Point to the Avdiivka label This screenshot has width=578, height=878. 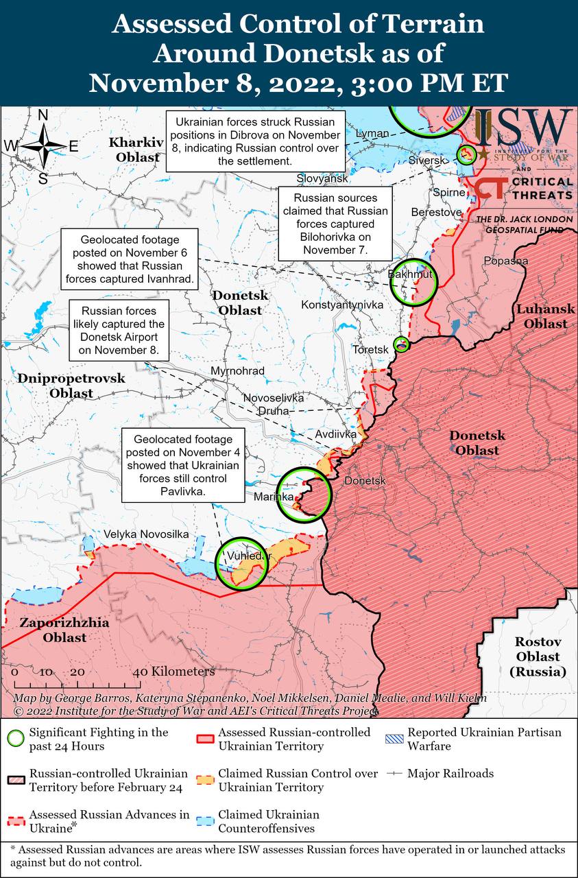pos(336,434)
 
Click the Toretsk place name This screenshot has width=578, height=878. pos(370,349)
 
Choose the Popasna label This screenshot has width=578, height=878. pos(505,261)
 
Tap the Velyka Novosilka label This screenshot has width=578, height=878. pos(146,534)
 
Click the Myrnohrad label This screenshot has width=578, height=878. pos(238,371)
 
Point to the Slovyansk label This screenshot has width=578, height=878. pos(322,178)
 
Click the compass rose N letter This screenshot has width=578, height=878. pos(43,115)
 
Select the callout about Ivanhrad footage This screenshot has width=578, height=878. pos(130,260)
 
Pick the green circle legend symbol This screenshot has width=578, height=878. pos(15,738)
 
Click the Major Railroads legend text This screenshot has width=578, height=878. pos(450,773)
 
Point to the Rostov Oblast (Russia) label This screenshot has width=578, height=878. pos(538,657)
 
